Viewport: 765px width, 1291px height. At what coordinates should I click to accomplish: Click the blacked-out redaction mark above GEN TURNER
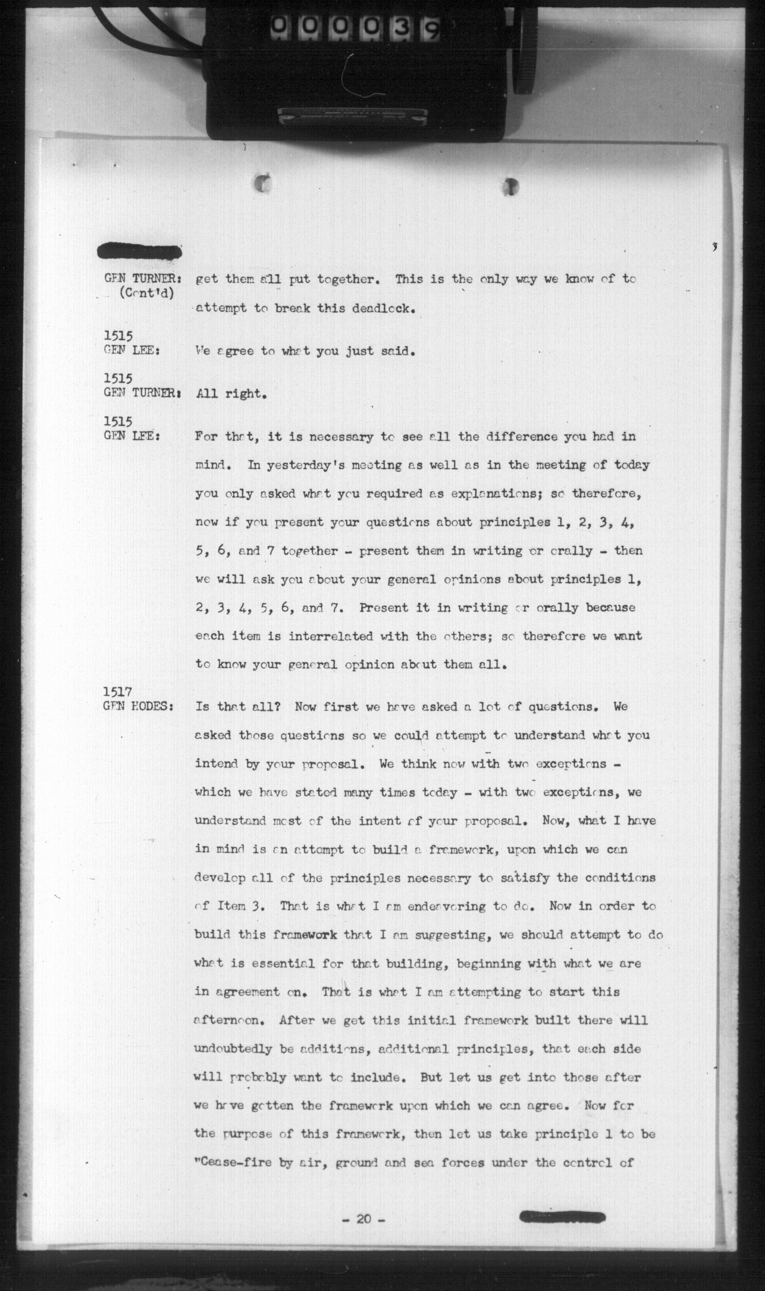click(139, 252)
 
